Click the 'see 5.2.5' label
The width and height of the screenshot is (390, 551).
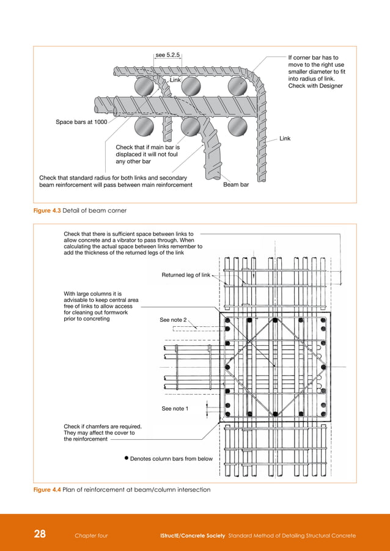168,55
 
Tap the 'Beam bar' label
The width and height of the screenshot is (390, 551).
236,184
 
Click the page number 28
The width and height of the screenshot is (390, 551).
40,535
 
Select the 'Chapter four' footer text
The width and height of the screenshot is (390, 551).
91,536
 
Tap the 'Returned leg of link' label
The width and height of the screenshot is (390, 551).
186,275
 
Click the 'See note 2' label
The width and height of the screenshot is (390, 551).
173,319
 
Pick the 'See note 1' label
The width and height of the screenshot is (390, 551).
175,409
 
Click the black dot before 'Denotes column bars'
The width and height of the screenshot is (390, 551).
125,458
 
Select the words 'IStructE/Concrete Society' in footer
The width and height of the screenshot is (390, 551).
190,536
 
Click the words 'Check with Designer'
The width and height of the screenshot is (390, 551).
315,86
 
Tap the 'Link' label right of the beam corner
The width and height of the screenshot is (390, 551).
285,139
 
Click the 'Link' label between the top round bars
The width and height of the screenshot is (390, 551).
175,80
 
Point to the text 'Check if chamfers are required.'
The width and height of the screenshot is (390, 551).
103,426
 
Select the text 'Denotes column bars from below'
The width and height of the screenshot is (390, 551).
171,458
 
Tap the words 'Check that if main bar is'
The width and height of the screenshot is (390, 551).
147,147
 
